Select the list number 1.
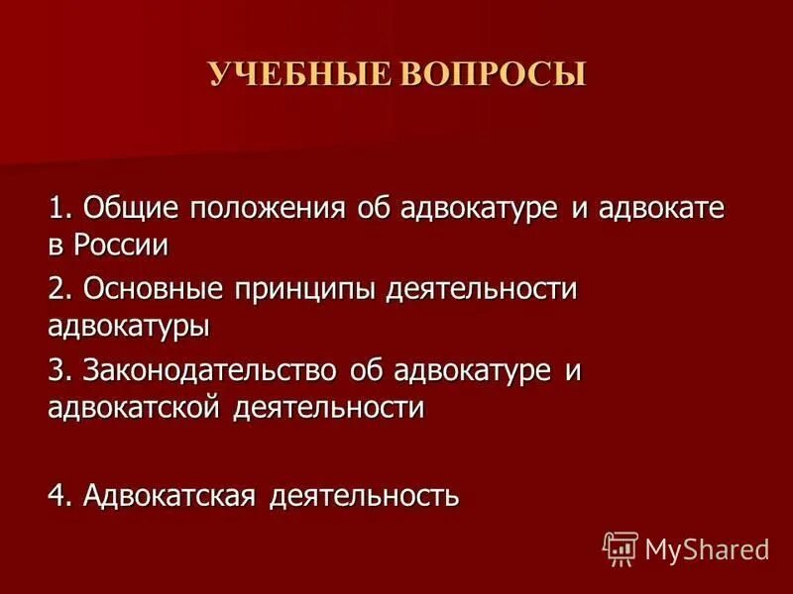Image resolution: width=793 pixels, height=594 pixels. click(x=60, y=209)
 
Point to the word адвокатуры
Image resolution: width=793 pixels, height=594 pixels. click(x=129, y=325)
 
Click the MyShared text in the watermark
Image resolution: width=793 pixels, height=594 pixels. click(x=707, y=548)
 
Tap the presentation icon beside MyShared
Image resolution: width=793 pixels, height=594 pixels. click(x=620, y=547)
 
